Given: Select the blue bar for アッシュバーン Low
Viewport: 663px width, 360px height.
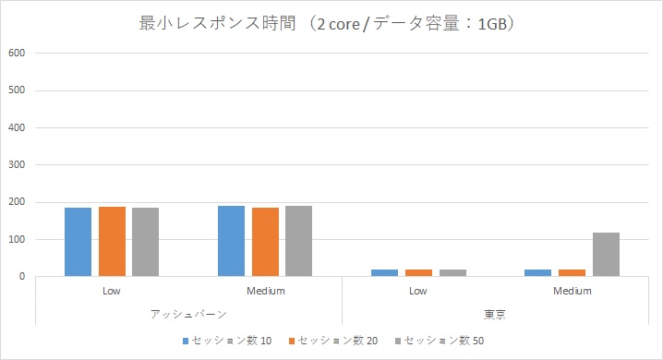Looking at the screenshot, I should click(x=78, y=242).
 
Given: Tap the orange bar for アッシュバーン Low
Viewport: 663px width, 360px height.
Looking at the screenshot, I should click(x=112, y=241).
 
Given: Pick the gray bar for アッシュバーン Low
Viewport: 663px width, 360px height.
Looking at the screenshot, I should click(x=145, y=242).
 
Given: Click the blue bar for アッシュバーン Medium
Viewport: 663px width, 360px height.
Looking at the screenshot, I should click(x=231, y=241).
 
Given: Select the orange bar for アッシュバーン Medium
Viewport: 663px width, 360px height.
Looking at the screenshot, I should click(x=264, y=242).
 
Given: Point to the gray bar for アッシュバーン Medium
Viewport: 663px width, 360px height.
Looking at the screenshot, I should click(x=298, y=241).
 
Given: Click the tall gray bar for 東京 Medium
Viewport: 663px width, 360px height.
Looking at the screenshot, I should click(x=606, y=254).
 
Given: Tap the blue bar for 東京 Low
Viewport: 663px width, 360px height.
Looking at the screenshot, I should click(x=385, y=272).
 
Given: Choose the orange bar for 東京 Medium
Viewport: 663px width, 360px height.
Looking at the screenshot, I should click(x=572, y=272).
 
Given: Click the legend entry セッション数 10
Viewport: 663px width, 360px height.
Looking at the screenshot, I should click(x=227, y=341).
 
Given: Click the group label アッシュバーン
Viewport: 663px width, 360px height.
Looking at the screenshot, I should click(x=188, y=314).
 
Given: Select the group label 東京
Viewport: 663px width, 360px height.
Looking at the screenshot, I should click(x=495, y=314).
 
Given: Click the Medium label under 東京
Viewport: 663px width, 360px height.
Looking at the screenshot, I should click(x=572, y=291).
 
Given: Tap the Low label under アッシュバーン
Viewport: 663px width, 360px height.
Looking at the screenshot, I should click(x=112, y=291).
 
